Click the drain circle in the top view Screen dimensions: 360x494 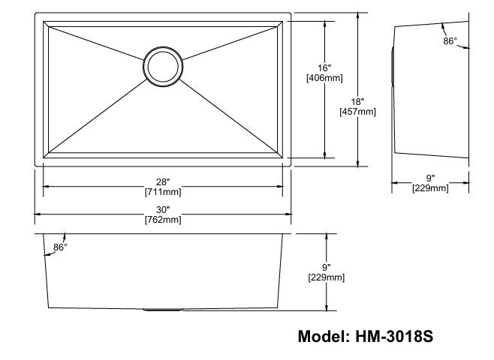162,65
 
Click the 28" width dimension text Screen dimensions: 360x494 162,182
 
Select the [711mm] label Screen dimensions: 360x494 162,193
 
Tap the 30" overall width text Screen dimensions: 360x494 162,210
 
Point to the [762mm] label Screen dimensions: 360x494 162,220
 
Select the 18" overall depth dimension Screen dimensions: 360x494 357,101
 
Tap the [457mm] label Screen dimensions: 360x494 358,112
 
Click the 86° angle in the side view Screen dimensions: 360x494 450,42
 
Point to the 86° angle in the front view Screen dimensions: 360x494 60,247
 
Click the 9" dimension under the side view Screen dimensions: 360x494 430,178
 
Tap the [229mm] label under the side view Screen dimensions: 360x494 430,188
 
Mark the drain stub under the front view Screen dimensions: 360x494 161,309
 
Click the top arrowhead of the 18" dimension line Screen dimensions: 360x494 357,16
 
